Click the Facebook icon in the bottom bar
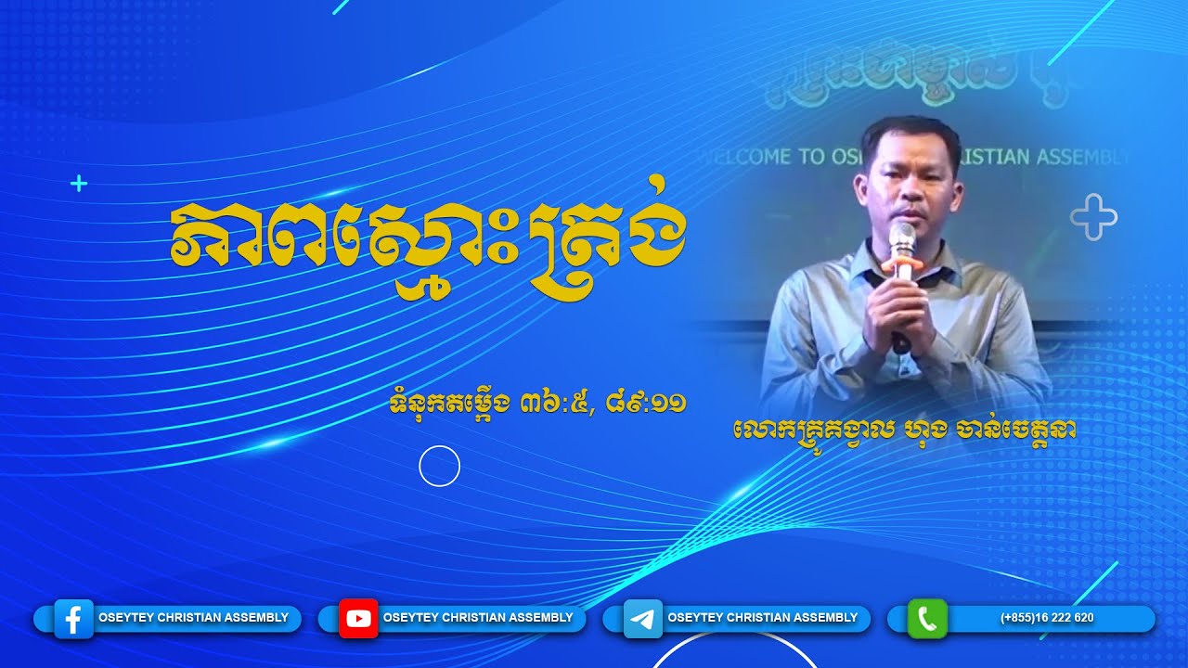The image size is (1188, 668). coord(74,619)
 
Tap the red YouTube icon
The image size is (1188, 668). coord(358,619)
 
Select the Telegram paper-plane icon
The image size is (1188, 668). coord(642,619)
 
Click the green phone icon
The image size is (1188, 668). coord(927,619)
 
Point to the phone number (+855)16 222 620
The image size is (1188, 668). coord(1046,618)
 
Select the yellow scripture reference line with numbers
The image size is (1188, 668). coord(538,404)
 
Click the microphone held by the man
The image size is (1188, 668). coord(901,241)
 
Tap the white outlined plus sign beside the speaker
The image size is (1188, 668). coord(1093,219)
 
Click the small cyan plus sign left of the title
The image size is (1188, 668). coord(79,184)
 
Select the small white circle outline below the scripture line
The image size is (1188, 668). coord(440,466)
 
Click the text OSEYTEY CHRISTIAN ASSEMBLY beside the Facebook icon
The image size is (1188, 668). coord(193,618)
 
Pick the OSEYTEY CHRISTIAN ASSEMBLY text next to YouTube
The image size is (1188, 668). coord(478,618)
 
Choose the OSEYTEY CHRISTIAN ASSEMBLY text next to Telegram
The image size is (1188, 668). coord(763,618)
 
